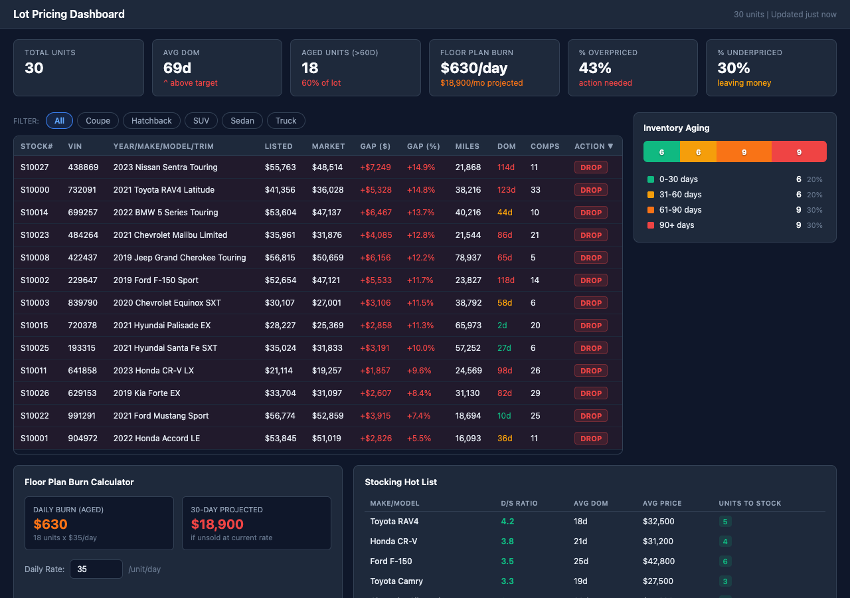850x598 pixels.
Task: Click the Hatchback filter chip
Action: click(151, 120)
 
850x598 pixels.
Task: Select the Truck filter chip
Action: click(286, 120)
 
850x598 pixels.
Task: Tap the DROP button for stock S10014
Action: click(590, 213)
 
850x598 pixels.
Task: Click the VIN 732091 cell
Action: click(82, 190)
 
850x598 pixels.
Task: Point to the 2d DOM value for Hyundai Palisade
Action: click(502, 326)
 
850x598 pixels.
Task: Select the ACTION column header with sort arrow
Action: click(594, 146)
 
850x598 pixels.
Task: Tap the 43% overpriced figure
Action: click(595, 68)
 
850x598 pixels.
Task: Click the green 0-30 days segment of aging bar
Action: click(661, 152)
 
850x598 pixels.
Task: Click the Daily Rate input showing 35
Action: click(96, 569)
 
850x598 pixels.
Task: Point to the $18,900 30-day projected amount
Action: click(217, 524)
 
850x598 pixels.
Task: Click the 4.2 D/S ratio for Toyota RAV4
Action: click(507, 522)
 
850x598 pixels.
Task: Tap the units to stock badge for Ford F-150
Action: click(725, 561)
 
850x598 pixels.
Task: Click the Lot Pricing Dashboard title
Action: click(69, 14)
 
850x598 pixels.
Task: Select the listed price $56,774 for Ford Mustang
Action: click(280, 416)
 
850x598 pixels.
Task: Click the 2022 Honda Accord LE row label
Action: click(157, 439)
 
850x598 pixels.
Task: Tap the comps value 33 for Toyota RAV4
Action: click(535, 190)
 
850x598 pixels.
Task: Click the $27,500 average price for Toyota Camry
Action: click(657, 581)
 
